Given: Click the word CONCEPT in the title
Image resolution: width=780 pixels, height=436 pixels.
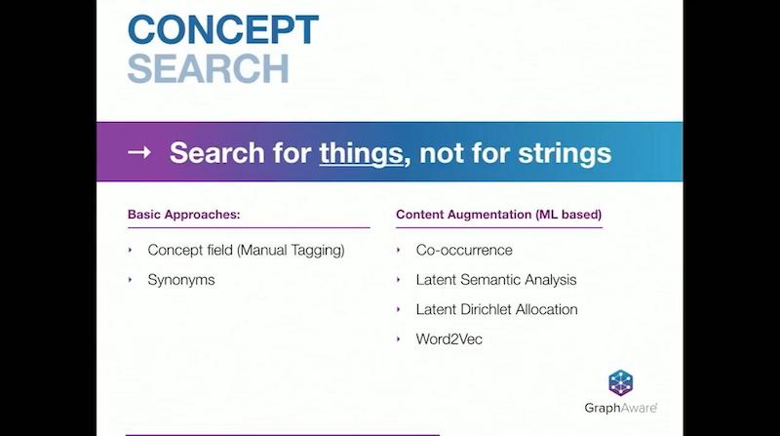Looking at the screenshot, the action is pyautogui.click(x=223, y=30).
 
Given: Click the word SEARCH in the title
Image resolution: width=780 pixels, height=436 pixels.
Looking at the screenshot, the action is pyautogui.click(x=208, y=68).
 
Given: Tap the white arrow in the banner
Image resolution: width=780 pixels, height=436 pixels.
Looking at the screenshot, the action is pyautogui.click(x=139, y=152).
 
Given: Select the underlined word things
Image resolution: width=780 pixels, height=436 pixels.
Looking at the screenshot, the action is pyautogui.click(x=361, y=153).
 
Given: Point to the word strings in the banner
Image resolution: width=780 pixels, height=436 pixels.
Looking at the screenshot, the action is pyautogui.click(x=565, y=153).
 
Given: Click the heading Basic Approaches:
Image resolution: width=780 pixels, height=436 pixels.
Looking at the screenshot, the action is pyautogui.click(x=183, y=215).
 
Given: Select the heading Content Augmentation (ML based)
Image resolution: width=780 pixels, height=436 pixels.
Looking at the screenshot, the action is pyautogui.click(x=498, y=215).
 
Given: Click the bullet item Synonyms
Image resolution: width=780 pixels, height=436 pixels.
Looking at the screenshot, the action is pyautogui.click(x=181, y=280).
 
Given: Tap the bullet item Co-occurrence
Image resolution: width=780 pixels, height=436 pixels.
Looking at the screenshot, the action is pyautogui.click(x=464, y=250).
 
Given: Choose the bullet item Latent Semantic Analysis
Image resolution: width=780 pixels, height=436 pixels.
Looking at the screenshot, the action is pyautogui.click(x=496, y=280).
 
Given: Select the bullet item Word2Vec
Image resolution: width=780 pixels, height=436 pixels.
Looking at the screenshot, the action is pyautogui.click(x=449, y=339).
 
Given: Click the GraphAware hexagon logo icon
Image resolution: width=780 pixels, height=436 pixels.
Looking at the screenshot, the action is pyautogui.click(x=621, y=383).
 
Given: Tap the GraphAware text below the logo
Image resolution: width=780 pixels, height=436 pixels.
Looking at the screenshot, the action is pyautogui.click(x=621, y=408).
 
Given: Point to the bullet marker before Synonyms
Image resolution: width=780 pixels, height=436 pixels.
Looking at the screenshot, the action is pyautogui.click(x=131, y=280).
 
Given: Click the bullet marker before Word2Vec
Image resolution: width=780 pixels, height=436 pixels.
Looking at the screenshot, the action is pyautogui.click(x=399, y=339).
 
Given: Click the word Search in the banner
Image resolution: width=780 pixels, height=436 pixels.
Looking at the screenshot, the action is pyautogui.click(x=216, y=153).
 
